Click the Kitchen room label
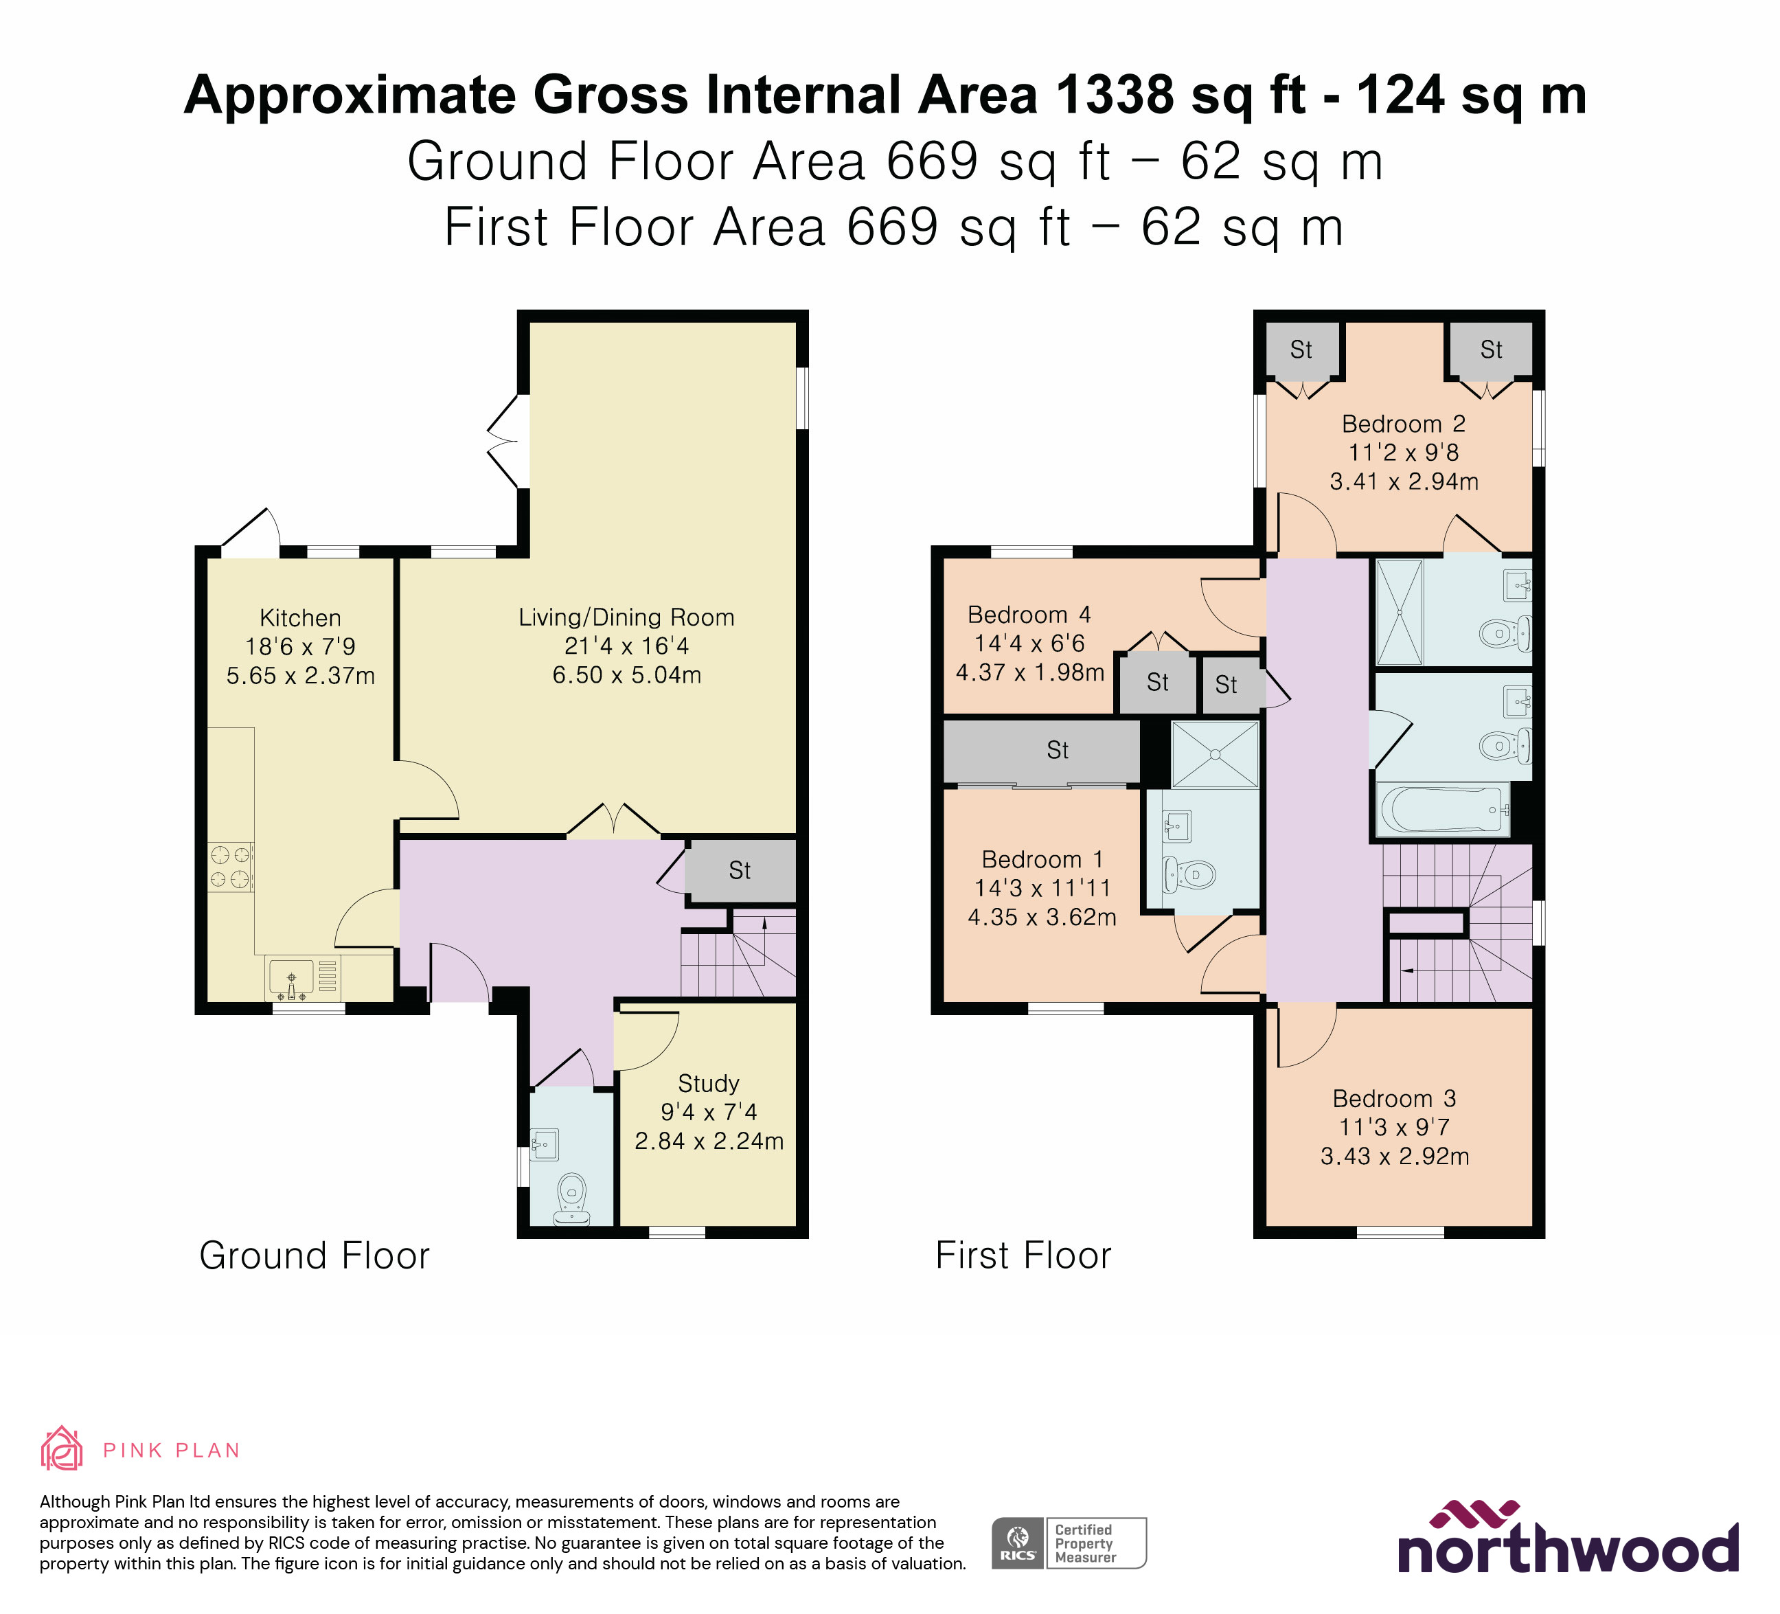click(300, 618)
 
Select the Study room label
click(708, 1083)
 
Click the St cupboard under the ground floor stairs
click(740, 872)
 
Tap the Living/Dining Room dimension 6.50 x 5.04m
click(627, 675)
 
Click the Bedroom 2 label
click(1403, 424)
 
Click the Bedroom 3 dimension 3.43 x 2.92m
click(1394, 1157)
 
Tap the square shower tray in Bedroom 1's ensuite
click(1214, 754)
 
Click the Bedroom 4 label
click(1029, 615)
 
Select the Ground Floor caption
click(315, 1255)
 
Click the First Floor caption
click(1023, 1255)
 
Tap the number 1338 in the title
click(1115, 95)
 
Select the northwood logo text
click(1567, 1552)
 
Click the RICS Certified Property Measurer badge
click(1069, 1543)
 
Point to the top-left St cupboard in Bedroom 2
click(1301, 350)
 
